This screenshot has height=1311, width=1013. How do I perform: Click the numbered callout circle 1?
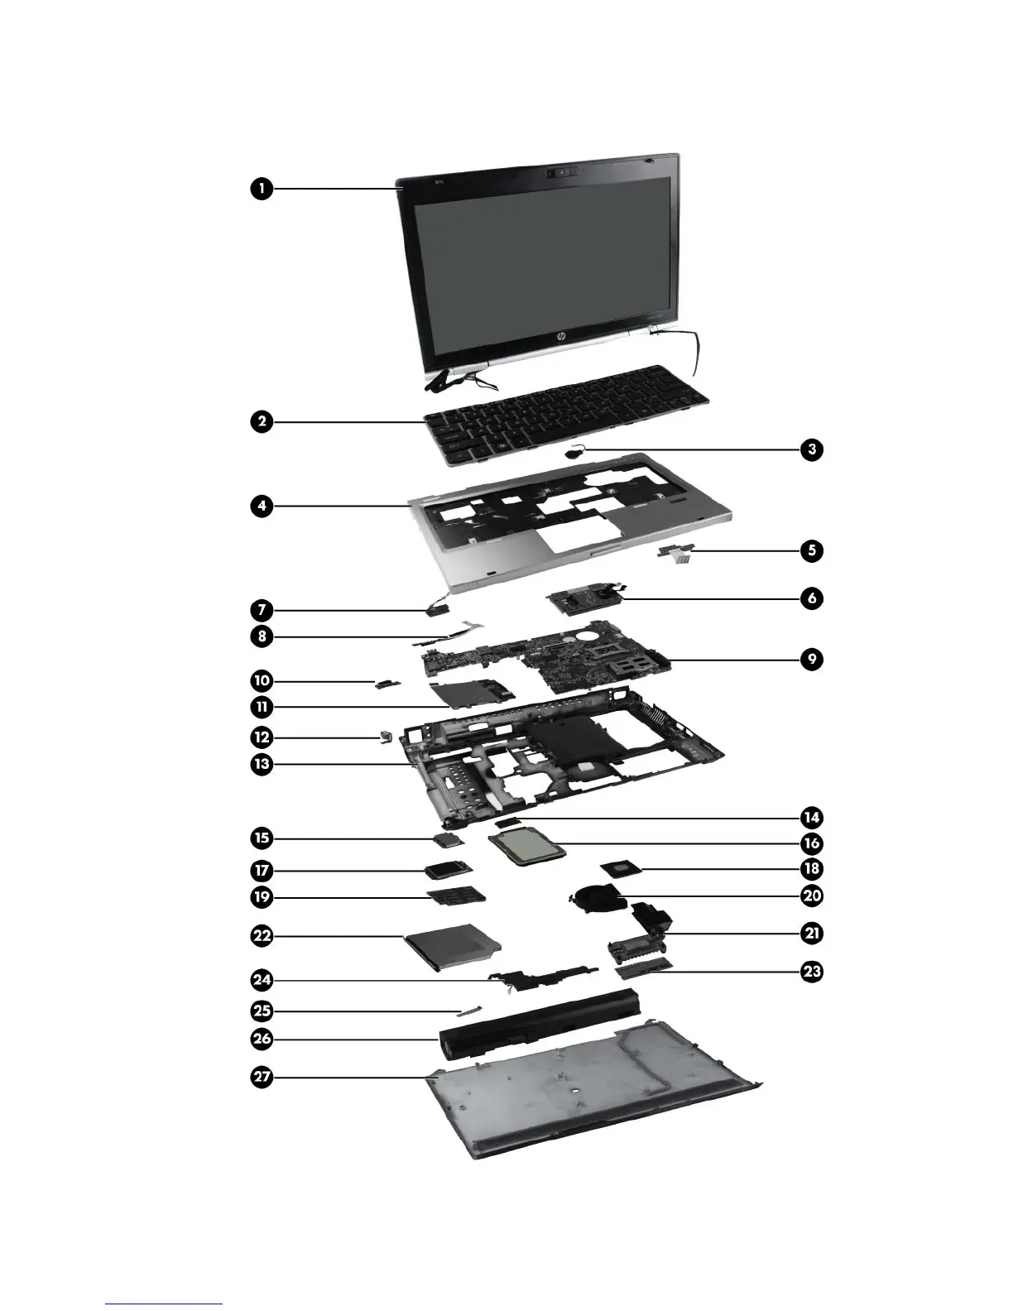[x=262, y=188]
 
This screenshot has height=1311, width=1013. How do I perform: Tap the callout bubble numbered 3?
[x=812, y=449]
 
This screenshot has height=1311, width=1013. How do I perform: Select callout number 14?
[x=812, y=818]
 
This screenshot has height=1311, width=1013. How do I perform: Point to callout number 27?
[x=262, y=1077]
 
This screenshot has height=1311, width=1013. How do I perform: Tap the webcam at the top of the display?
[x=562, y=172]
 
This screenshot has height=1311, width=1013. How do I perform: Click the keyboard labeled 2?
[x=566, y=415]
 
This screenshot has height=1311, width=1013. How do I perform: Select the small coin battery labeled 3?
[x=574, y=453]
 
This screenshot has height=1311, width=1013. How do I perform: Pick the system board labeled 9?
[x=546, y=658]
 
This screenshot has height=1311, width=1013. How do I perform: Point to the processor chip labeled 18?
[x=621, y=870]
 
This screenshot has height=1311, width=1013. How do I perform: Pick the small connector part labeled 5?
[x=675, y=554]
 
